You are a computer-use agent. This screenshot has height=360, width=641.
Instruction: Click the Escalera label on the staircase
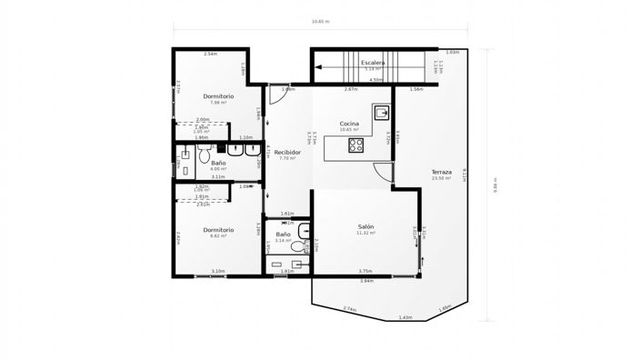(x=373, y=63)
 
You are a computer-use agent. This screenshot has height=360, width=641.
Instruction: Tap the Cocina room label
(x=349, y=124)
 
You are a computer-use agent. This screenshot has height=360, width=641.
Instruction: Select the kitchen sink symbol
(x=383, y=114)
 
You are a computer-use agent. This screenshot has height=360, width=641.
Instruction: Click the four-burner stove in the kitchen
(x=357, y=145)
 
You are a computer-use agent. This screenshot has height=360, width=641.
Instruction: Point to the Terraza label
(x=442, y=173)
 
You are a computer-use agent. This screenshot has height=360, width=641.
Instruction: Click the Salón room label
(x=366, y=226)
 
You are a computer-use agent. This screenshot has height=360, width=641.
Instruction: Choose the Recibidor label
(x=287, y=152)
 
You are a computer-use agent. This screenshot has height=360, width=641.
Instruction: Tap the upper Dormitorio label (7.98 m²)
(x=218, y=95)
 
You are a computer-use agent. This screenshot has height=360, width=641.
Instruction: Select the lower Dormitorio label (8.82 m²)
(x=218, y=229)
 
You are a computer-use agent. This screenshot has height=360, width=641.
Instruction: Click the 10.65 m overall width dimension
(x=320, y=21)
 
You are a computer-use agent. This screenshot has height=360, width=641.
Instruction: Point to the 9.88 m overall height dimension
(x=496, y=185)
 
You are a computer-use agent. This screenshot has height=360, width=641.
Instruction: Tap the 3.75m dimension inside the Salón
(x=365, y=271)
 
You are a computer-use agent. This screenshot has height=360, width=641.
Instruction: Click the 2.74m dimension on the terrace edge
(x=349, y=310)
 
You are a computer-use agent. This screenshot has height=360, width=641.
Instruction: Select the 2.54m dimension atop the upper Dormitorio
(x=210, y=55)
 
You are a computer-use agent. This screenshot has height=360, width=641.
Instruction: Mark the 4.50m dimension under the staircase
(x=376, y=79)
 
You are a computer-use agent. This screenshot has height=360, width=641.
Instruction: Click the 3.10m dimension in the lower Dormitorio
(x=218, y=271)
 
